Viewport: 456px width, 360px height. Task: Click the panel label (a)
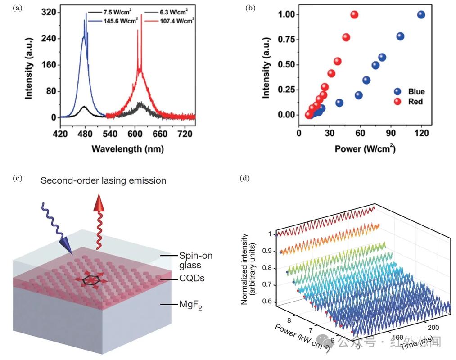coord(17,8)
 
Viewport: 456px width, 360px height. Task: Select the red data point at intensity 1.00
coord(354,15)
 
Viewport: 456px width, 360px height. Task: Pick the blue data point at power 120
coord(421,15)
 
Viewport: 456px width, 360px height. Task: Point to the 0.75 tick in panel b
coord(284,40)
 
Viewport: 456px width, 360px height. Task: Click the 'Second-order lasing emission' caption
coord(103,180)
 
